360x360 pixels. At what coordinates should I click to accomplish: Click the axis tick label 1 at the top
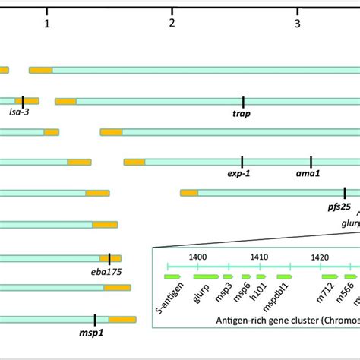(47, 24)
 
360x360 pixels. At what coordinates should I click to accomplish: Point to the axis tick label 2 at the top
(172, 24)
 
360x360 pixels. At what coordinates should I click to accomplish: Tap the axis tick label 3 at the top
(298, 24)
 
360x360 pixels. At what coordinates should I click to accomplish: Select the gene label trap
(242, 115)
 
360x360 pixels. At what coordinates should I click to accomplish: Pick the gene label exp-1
(238, 174)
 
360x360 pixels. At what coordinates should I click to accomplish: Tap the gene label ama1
(308, 174)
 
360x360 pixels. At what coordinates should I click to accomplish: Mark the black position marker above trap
(243, 101)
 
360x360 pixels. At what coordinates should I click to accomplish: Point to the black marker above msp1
(95, 320)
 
